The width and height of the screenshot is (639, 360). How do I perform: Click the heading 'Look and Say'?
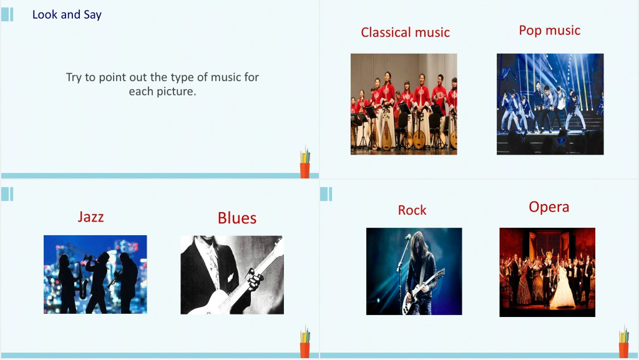pos(67,14)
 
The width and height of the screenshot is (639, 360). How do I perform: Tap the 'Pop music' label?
pos(549,31)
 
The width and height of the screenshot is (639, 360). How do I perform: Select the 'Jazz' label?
pos(90,216)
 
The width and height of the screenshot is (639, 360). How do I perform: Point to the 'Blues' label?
pos(237,218)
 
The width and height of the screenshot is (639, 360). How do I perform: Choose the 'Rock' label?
pos(412,210)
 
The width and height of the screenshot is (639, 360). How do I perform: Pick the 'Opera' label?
pos(549,207)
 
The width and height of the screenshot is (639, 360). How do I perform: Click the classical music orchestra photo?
pos(404,104)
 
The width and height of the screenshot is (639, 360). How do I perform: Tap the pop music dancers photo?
pos(550,104)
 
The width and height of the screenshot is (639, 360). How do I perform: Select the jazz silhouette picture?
pos(95,274)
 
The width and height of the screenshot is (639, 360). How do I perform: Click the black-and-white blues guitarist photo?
pos(232,275)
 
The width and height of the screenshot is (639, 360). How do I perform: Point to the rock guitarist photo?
pos(414,271)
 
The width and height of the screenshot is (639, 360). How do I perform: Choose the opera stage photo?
pos(547,272)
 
